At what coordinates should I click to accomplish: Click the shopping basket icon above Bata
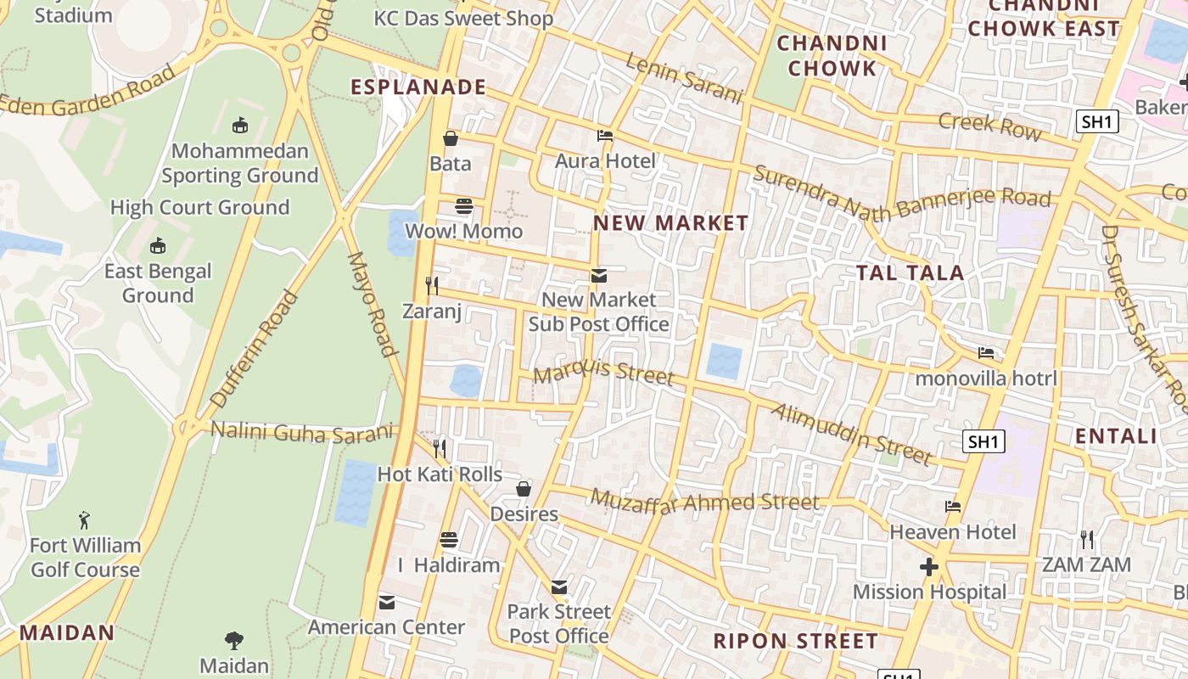pyautogui.click(x=450, y=137)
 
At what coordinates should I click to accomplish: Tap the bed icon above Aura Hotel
pyautogui.click(x=605, y=135)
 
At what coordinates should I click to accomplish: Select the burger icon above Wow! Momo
pyautogui.click(x=463, y=205)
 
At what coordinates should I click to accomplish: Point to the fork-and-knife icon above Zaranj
pyautogui.click(x=432, y=285)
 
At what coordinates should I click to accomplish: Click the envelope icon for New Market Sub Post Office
pyautogui.click(x=599, y=275)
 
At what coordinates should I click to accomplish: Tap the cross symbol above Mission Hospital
pyautogui.click(x=929, y=566)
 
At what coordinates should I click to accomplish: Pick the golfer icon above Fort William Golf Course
pyautogui.click(x=84, y=519)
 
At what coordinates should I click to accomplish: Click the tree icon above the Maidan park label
pyautogui.click(x=233, y=640)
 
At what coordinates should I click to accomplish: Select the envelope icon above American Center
pyautogui.click(x=387, y=602)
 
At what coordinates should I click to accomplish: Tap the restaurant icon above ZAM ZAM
pyautogui.click(x=1086, y=539)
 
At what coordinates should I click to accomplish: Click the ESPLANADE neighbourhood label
pyautogui.click(x=418, y=87)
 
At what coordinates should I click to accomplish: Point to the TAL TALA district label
pyautogui.click(x=910, y=272)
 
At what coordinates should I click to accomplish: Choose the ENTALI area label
pyautogui.click(x=1116, y=436)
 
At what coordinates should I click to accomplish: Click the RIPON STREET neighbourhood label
pyautogui.click(x=795, y=641)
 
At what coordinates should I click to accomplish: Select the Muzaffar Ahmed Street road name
pyautogui.click(x=705, y=502)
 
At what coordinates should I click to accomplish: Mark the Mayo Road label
pyautogui.click(x=372, y=303)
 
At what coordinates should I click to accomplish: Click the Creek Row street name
pyautogui.click(x=989, y=126)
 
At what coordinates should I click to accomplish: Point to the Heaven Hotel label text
pyautogui.click(x=952, y=532)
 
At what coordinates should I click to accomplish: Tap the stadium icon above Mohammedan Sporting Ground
pyautogui.click(x=240, y=126)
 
